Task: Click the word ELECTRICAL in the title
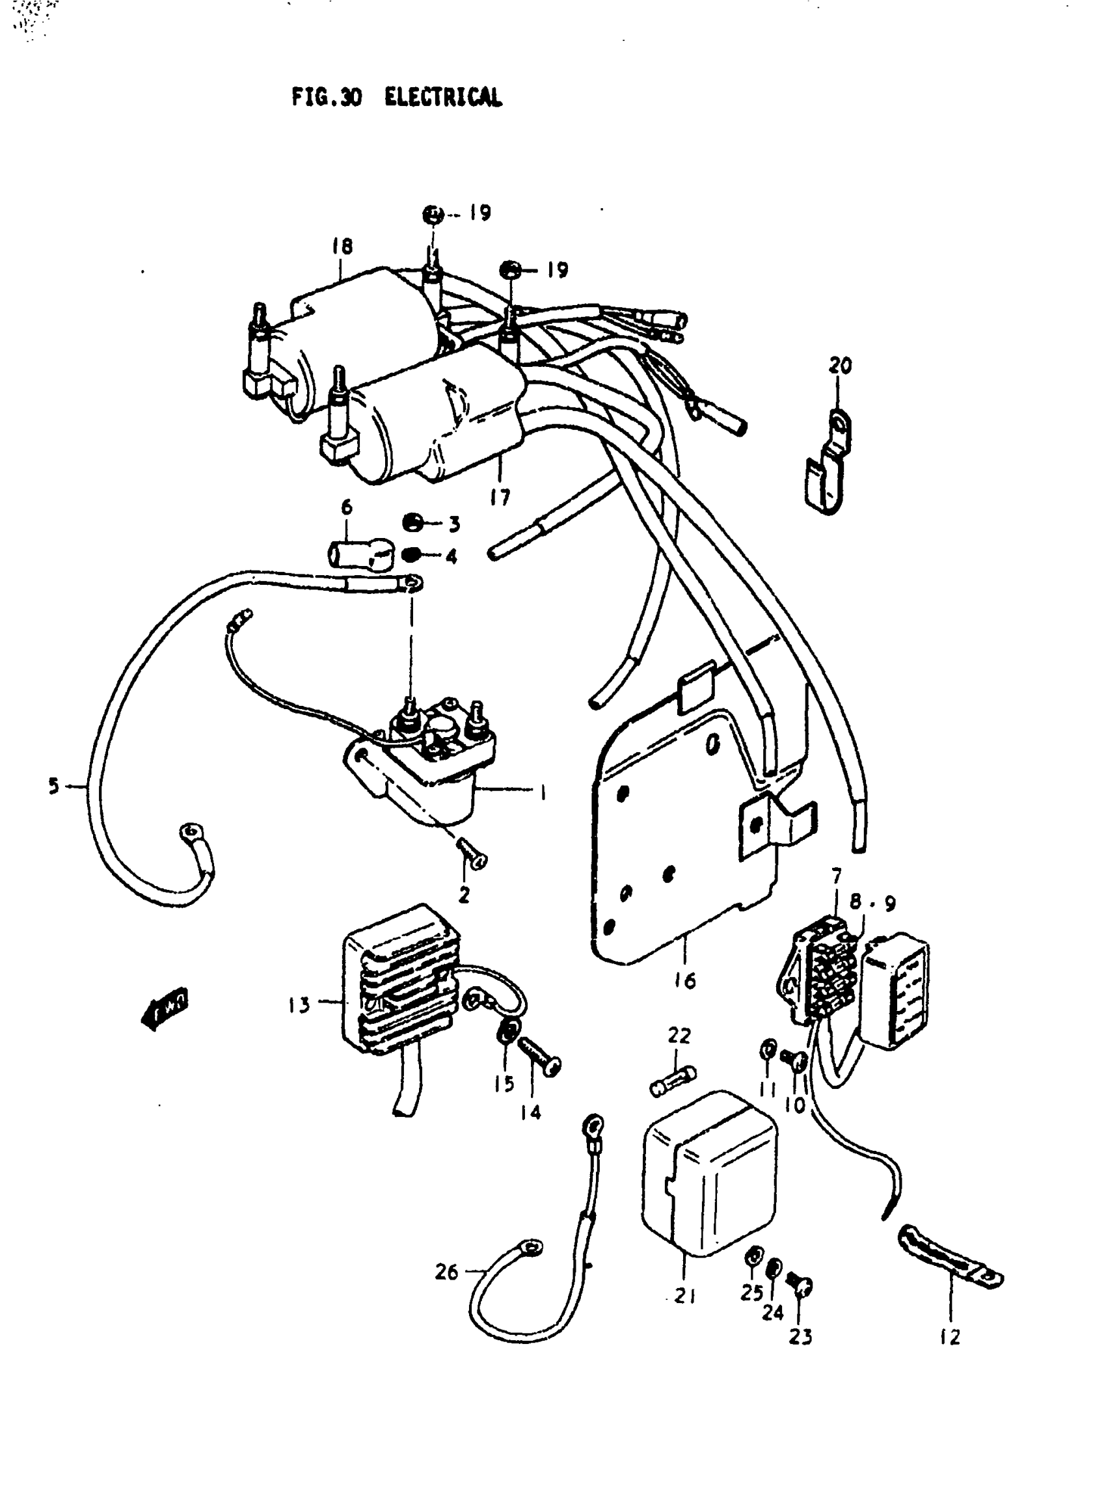coord(442,98)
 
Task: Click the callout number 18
coord(342,247)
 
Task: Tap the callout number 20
coord(840,366)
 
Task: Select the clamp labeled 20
coord(829,462)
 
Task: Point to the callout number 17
coord(500,497)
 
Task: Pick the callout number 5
coord(53,785)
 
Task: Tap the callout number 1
coord(543,794)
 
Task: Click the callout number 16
coord(684,981)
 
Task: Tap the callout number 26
coord(446,1271)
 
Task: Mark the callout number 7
coord(836,876)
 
